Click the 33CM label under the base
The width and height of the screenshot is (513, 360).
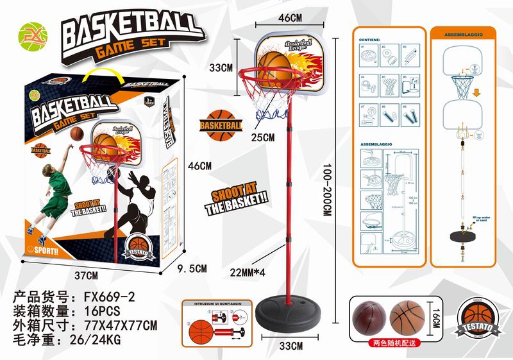point(291,347)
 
